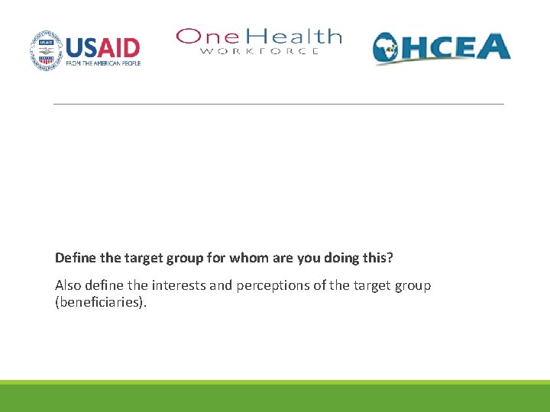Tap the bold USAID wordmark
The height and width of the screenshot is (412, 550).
[103, 47]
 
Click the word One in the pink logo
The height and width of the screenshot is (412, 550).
[200, 37]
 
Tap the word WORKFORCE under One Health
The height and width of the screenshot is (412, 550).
[259, 51]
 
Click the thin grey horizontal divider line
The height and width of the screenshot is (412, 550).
[279, 104]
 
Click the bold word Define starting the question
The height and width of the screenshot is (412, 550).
[75, 258]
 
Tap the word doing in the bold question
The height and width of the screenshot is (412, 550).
[335, 258]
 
